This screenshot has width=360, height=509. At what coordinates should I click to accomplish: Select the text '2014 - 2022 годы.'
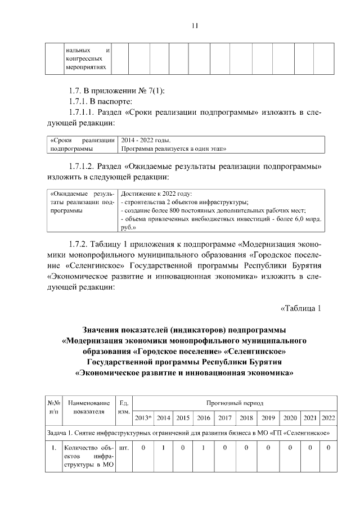pos(146,140)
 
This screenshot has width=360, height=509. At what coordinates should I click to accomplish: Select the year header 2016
pos(203,418)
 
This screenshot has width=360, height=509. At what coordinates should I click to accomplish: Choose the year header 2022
pos(328,418)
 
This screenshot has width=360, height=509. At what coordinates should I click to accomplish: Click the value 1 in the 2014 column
pos(164,448)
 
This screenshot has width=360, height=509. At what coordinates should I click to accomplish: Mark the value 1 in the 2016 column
pos(203,448)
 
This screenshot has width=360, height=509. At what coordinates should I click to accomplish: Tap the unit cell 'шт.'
pos(124,448)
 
